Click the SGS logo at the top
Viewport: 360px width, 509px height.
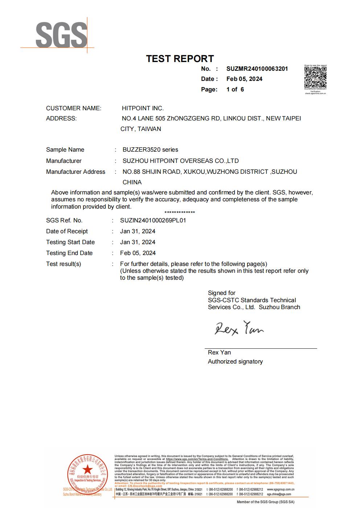[61, 35]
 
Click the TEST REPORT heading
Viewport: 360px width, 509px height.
[180, 59]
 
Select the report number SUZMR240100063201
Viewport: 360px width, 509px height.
[257, 69]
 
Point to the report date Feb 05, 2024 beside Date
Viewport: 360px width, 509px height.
[244, 79]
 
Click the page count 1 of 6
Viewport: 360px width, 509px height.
[235, 89]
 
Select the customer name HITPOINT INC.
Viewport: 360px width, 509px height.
[143, 108]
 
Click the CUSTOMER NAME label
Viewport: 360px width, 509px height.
[74, 108]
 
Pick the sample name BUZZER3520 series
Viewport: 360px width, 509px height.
[150, 149]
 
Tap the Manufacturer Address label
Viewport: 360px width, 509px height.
[75, 172]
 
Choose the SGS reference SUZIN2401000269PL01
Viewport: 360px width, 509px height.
[153, 220]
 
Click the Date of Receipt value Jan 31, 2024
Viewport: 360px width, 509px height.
[138, 231]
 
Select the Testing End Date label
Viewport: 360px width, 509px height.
[69, 253]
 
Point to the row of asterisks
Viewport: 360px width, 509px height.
[180, 213]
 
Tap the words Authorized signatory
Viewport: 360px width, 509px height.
[235, 361]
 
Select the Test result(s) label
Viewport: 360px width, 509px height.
[64, 264]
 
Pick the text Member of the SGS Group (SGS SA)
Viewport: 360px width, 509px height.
[265, 502]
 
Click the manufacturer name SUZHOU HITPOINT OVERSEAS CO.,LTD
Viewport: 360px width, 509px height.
[180, 161]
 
